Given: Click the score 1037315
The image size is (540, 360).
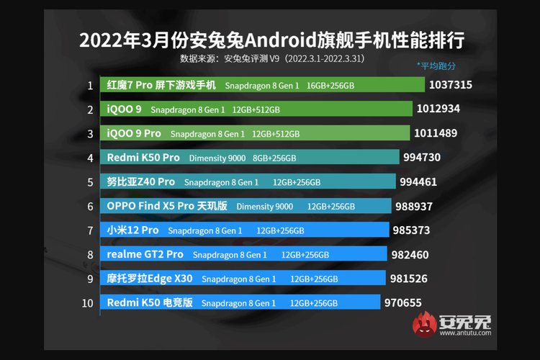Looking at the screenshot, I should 450,85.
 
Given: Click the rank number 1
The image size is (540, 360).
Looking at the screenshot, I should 90,86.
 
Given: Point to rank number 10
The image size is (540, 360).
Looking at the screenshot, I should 88,303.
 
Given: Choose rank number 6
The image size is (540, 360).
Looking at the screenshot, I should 90,206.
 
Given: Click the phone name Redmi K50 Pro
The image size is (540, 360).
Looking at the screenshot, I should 143,158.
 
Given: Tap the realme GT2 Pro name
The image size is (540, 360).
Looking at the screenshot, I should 145,254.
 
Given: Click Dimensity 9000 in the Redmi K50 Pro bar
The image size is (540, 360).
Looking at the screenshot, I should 217,158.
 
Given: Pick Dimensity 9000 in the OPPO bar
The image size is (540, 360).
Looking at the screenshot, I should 264,207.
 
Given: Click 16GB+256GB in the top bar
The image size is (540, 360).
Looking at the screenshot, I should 330,86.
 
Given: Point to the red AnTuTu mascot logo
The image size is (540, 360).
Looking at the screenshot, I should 425,323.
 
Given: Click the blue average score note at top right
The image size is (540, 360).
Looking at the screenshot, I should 436,66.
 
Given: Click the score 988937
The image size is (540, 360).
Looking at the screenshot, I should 420,206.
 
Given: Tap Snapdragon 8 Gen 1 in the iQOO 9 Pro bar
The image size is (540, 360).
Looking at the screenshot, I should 208,134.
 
